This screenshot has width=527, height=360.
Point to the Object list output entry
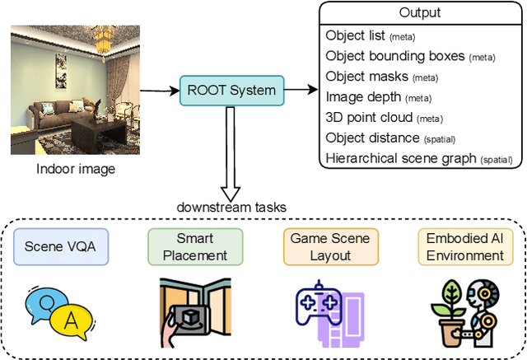370,35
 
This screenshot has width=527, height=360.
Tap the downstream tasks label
222,207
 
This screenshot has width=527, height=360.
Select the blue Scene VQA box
61,247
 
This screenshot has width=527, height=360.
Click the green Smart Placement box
195,247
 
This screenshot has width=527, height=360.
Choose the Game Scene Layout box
330,247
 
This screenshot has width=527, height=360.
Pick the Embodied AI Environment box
464,247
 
